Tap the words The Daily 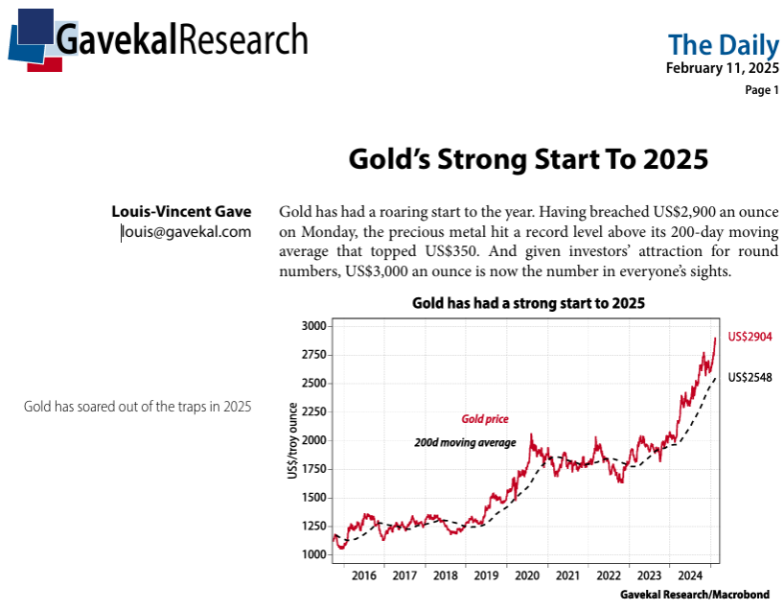[723, 44]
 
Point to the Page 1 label [762, 90]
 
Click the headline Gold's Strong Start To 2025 [527, 158]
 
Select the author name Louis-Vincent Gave [181, 211]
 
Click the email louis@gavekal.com [186, 231]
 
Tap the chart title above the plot [528, 303]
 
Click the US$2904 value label [749, 337]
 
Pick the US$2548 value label [749, 377]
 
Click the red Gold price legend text [484, 419]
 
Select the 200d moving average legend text [465, 443]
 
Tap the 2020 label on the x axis [527, 575]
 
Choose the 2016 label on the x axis [364, 575]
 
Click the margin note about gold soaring [137, 407]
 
